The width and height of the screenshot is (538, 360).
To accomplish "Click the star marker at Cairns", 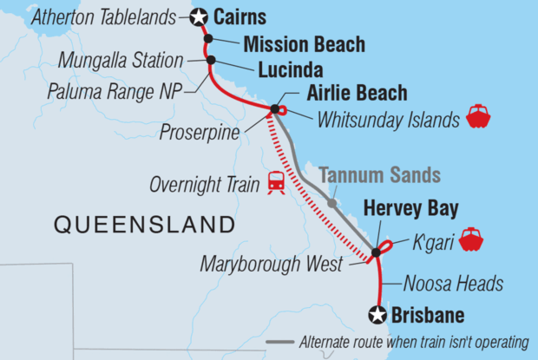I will (199, 16).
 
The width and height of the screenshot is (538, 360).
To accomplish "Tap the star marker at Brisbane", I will (377, 315).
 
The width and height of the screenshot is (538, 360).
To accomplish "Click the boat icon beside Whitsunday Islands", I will (478, 117).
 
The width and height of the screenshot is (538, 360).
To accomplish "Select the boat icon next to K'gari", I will (471, 239).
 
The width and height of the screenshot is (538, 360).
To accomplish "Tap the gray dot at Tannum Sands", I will (331, 204).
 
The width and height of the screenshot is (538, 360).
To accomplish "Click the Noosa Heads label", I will (454, 284).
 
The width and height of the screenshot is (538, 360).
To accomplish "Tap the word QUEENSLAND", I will (144, 226).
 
